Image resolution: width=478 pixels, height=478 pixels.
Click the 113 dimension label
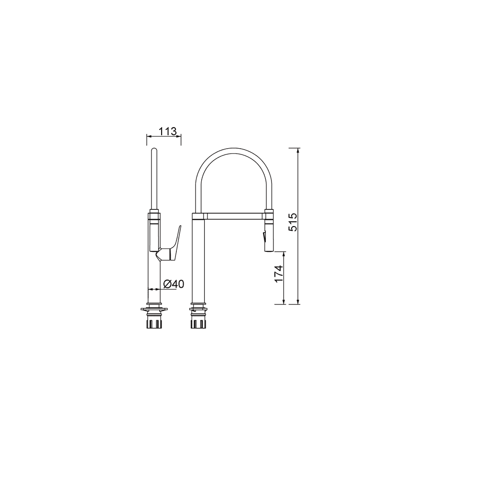point(167,131)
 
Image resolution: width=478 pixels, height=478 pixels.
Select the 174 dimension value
point(279,273)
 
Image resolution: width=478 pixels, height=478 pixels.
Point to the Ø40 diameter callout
point(174,284)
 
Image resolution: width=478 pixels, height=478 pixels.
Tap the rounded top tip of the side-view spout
point(154,149)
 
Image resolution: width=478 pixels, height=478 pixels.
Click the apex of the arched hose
point(234,149)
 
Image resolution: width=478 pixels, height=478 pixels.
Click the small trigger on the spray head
point(264,236)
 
